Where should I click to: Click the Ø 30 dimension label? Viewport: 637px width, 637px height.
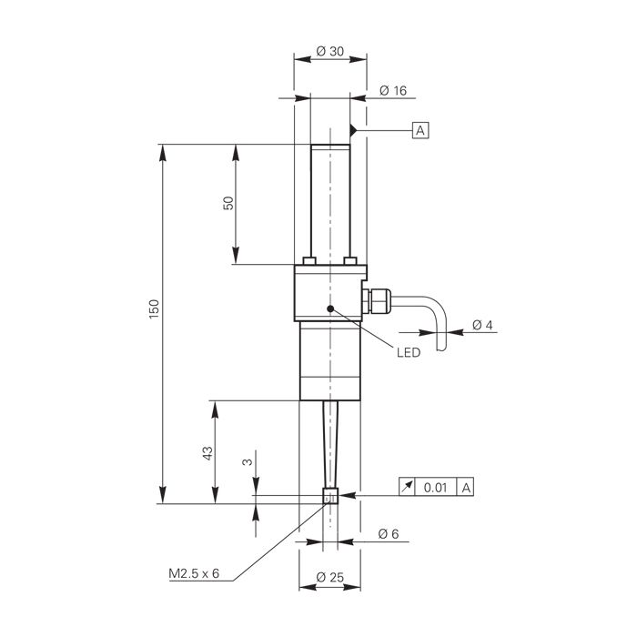pos(329,51)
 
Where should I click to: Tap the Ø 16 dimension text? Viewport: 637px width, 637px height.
pos(393,90)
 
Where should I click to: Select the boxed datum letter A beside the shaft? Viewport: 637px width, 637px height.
pos(420,130)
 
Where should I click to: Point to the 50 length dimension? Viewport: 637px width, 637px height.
pos(228,203)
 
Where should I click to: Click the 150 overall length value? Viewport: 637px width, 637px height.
pos(154,308)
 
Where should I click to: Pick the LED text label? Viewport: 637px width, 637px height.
pos(409,352)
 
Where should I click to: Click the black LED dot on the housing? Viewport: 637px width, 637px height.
pos(330,308)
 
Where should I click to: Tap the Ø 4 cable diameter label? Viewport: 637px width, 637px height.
pos(482,325)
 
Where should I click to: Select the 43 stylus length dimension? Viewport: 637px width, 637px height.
pos(207,453)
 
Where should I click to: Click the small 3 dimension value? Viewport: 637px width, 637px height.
pos(248,462)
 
